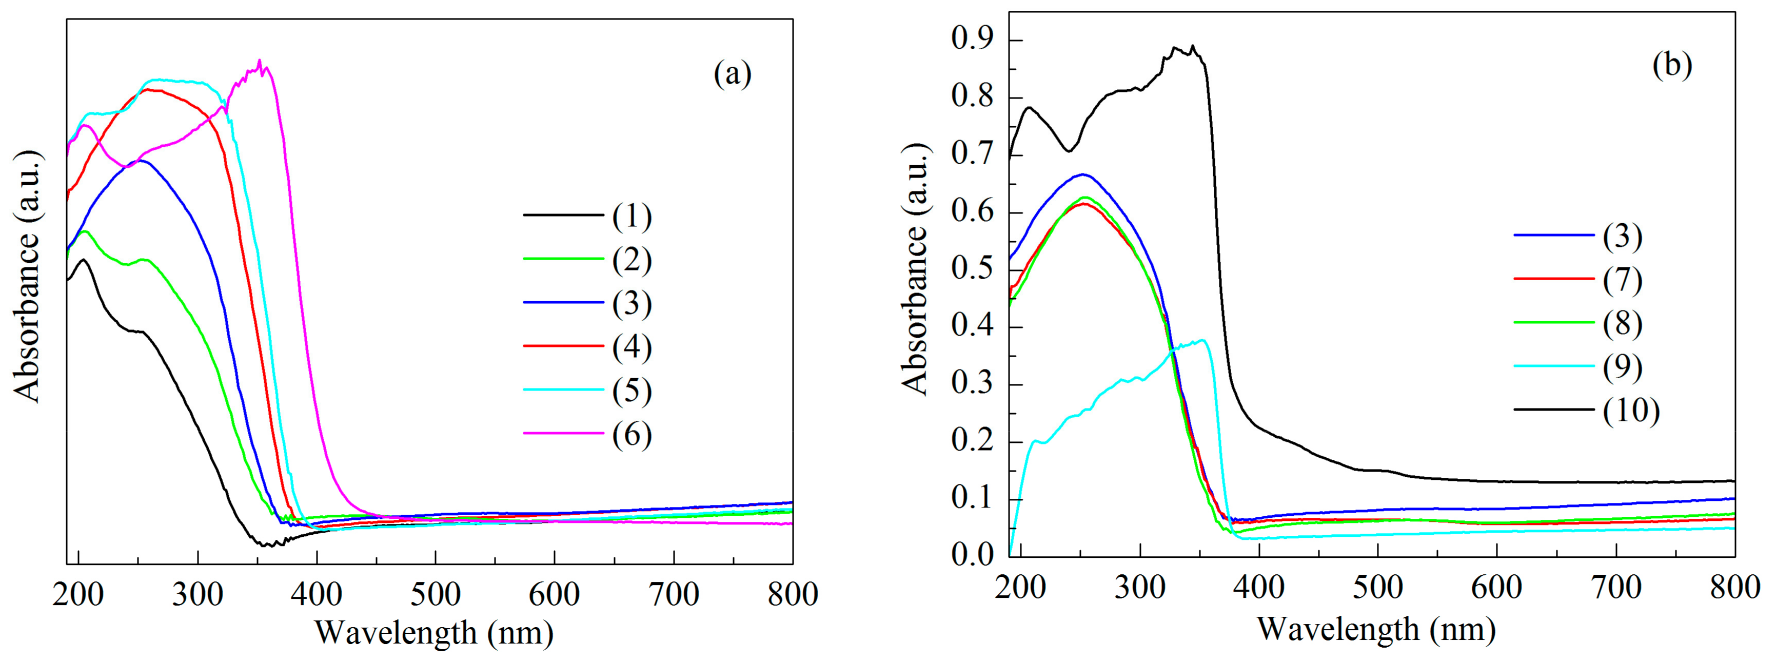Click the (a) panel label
pyautogui.click(x=732, y=74)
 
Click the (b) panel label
pyautogui.click(x=1672, y=66)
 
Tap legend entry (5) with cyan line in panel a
pyautogui.click(x=632, y=391)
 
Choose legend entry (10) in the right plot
pyautogui.click(x=1630, y=411)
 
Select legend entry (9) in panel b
pyautogui.click(x=1622, y=367)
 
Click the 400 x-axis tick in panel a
pyautogui.click(x=317, y=594)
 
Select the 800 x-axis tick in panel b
pyautogui.click(x=1734, y=588)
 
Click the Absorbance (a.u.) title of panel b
pyautogui.click(x=916, y=269)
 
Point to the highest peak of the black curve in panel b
pyautogui.click(x=1192, y=47)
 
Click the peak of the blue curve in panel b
pyautogui.click(x=1082, y=174)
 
